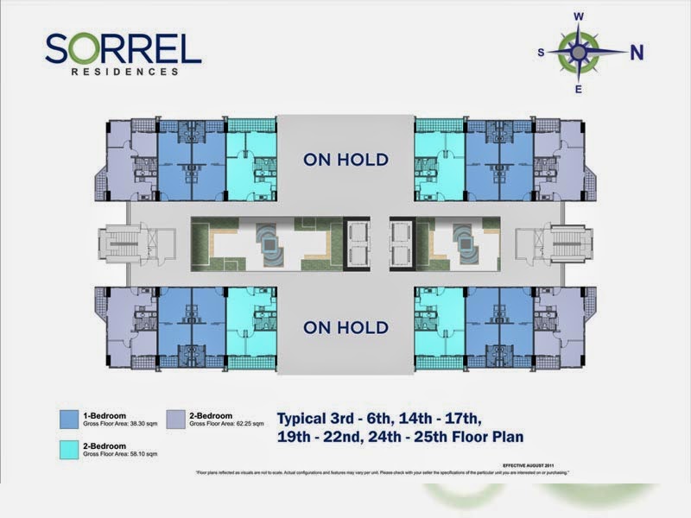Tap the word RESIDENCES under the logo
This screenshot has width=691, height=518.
(125, 73)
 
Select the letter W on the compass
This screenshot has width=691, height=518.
(580, 16)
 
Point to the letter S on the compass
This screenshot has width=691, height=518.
(541, 53)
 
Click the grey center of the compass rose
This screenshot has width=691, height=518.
(580, 52)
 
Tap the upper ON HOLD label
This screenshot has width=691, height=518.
(345, 160)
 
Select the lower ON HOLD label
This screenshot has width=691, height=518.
(345, 327)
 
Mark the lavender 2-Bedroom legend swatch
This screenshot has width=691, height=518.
(178, 419)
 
